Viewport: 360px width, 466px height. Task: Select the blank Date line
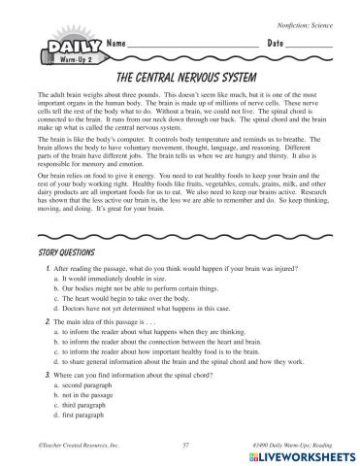pyautogui.click(x=311, y=49)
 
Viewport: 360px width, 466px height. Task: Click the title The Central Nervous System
pyautogui.click(x=180, y=75)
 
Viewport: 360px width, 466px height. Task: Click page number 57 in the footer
pyautogui.click(x=184, y=442)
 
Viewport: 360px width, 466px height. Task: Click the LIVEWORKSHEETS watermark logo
pyautogui.click(x=297, y=454)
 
